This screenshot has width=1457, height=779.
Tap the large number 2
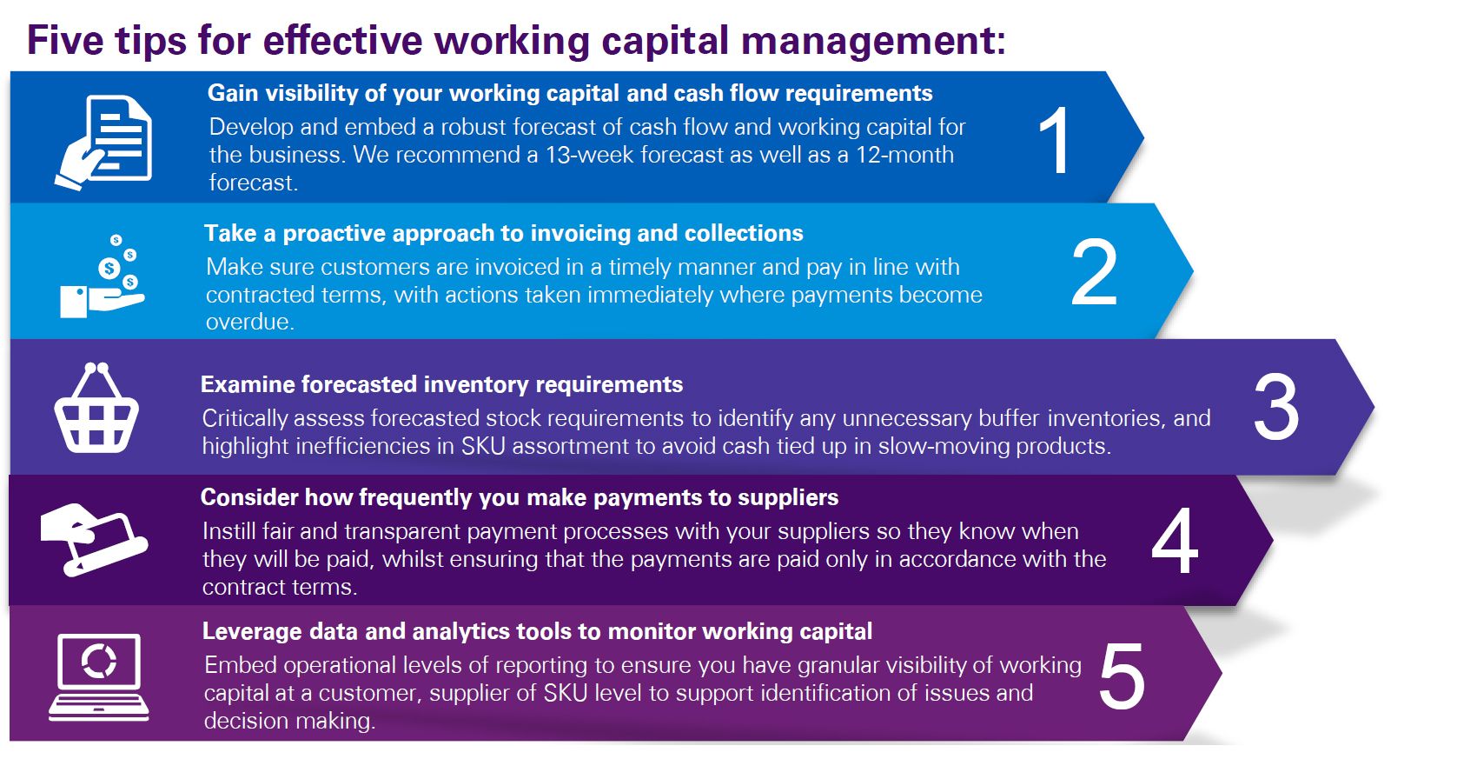(1094, 272)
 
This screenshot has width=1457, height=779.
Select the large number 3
(1275, 407)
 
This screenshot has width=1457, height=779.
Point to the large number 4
(1174, 540)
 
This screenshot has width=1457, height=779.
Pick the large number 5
(1122, 676)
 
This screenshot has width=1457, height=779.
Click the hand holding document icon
(104, 143)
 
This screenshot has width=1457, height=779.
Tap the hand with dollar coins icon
(103, 276)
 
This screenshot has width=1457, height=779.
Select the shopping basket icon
(96, 408)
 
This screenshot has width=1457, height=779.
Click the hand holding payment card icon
(94, 540)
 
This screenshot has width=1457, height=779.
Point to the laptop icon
(99, 676)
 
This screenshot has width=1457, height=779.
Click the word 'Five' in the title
(65, 40)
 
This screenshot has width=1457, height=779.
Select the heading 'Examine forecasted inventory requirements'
(441, 384)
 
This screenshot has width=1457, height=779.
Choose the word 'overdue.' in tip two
(250, 322)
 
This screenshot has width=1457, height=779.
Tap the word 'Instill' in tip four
(229, 531)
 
